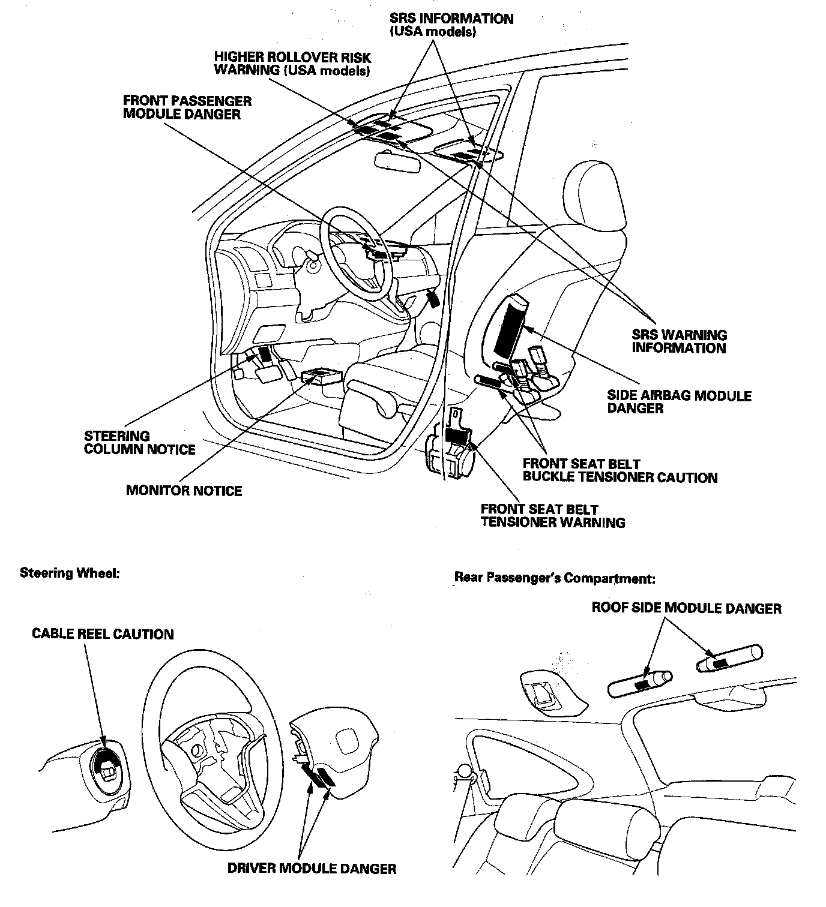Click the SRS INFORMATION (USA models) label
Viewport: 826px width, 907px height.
point(451,25)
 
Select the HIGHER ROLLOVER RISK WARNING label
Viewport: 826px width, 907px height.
point(292,64)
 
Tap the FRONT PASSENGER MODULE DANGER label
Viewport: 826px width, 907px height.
point(187,107)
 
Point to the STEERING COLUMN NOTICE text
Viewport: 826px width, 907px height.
point(139,443)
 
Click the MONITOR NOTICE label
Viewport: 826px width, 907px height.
point(184,491)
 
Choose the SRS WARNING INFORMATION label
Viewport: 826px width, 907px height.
point(679,341)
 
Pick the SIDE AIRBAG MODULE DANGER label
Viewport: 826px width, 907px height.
point(679,402)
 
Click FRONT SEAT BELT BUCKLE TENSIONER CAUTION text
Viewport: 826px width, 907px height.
point(619,471)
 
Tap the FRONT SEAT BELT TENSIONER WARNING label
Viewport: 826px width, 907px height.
point(552,516)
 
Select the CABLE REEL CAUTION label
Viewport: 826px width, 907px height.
point(103,634)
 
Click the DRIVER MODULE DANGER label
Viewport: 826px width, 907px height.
point(312,868)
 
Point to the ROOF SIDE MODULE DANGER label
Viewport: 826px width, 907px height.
point(686,608)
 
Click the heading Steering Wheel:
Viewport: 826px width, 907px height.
point(70,573)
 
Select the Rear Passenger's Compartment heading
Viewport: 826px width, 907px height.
point(555,578)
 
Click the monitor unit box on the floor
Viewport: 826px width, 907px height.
point(321,377)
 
